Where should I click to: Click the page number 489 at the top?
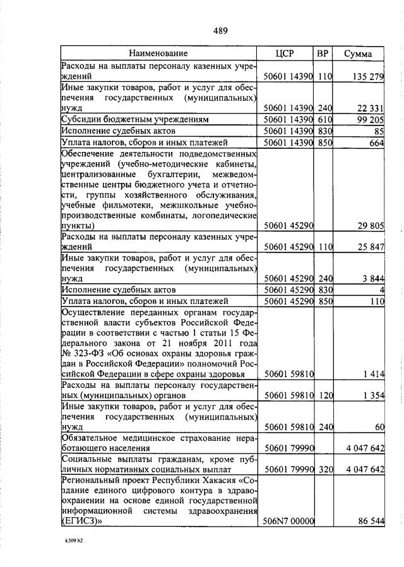click(220, 30)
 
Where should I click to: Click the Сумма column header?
click(358, 54)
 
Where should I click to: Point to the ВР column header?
click(323, 54)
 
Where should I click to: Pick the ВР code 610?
click(324, 119)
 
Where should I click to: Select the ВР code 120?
click(324, 395)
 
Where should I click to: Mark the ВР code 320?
click(324, 469)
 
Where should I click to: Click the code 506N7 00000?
click(288, 522)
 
